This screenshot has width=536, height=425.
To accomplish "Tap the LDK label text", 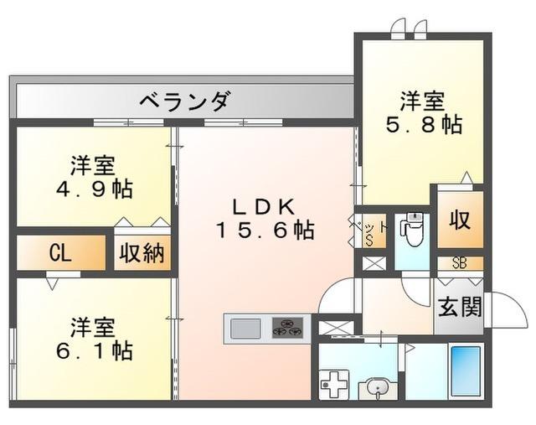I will click(261, 204).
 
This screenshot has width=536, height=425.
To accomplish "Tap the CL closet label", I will click(59, 253).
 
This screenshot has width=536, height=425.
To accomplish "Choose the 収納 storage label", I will click(139, 253).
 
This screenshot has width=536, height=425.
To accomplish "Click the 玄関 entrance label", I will click(459, 308).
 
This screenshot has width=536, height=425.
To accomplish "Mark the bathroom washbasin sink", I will click(374, 388).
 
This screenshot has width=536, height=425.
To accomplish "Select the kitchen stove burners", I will click(287, 327).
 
